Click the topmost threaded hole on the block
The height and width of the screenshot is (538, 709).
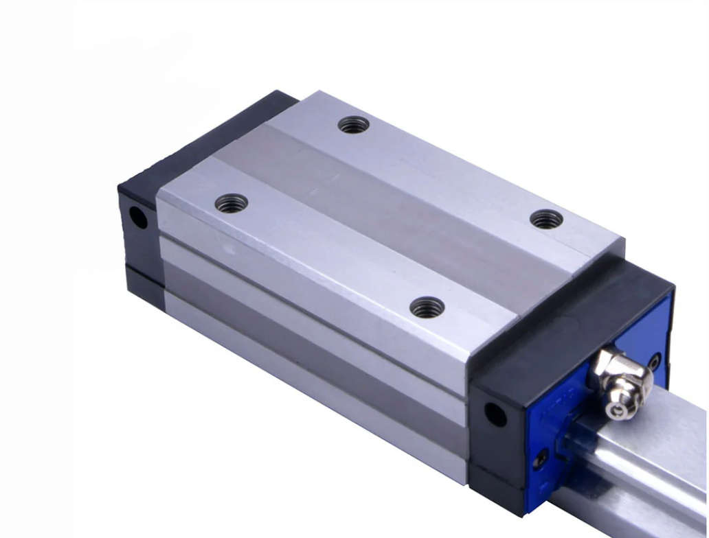click(x=354, y=125)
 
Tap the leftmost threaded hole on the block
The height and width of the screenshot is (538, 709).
click(x=232, y=203)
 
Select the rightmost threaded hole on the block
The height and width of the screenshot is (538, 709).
click(x=547, y=219)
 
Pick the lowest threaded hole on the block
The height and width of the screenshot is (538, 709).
click(x=427, y=307)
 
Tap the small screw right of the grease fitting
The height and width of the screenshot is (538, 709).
click(x=655, y=360)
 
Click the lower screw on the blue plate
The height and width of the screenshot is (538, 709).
click(x=542, y=458)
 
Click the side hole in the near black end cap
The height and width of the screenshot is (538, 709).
click(x=495, y=414)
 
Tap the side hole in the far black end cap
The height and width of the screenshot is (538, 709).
click(x=138, y=219)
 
